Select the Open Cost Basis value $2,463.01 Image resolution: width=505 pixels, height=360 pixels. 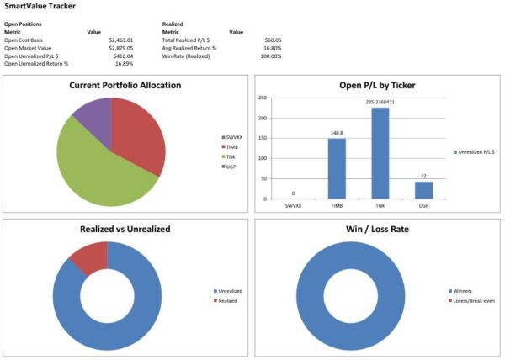click(120, 40)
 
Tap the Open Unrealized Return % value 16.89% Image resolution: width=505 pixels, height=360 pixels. click(126, 63)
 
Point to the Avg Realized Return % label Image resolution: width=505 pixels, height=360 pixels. click(191, 47)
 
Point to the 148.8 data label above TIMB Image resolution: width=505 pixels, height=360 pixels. click(338, 132)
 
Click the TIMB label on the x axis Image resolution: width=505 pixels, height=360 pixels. click(338, 204)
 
